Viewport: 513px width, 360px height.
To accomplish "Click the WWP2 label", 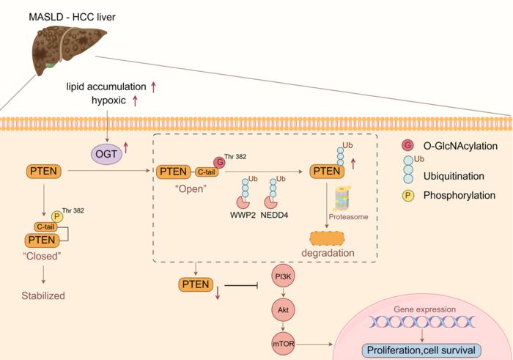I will pyautogui.click(x=242, y=217).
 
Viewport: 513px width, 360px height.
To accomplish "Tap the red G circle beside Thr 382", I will pyautogui.click(x=218, y=162).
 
